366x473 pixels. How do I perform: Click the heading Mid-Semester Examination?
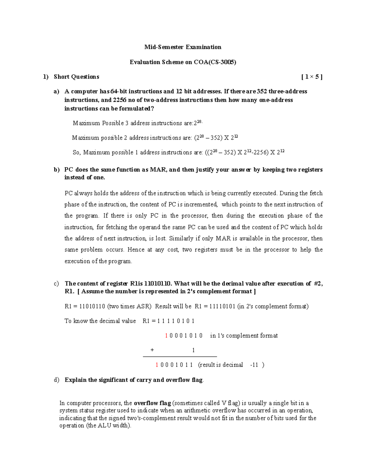tap(183, 47)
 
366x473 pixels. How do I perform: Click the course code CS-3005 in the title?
tap(223, 62)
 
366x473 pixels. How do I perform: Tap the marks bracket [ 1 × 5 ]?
tap(311, 77)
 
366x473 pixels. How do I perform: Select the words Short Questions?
tap(76, 77)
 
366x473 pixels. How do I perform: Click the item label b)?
tap(56, 170)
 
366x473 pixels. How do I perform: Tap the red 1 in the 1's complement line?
tap(166, 336)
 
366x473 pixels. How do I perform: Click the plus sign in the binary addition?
tap(152, 350)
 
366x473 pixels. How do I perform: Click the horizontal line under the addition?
tap(180, 356)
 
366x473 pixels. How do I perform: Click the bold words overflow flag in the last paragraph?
tap(152, 403)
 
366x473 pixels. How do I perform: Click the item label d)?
tap(56, 380)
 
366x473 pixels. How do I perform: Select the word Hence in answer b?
tap(136, 250)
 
